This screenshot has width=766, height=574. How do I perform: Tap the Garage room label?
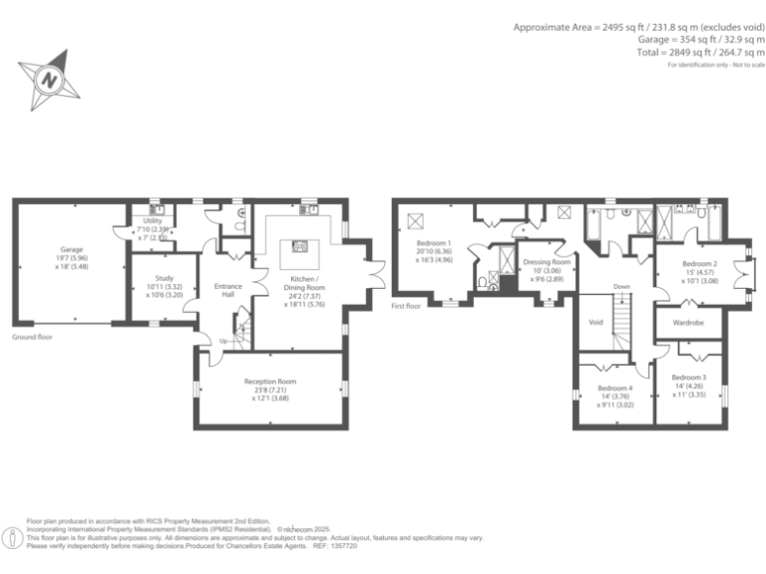click(x=71, y=249)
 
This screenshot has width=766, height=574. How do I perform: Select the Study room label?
click(x=165, y=279)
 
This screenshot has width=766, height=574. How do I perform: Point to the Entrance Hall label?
click(x=228, y=291)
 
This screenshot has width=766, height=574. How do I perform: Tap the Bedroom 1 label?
click(x=434, y=243)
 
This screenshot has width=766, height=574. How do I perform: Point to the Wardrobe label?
click(x=688, y=323)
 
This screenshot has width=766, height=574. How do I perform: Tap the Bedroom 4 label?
click(x=615, y=388)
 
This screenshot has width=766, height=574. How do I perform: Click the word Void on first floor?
click(x=596, y=322)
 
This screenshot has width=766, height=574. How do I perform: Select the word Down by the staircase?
click(x=621, y=286)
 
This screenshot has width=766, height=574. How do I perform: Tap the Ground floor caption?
click(x=32, y=338)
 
